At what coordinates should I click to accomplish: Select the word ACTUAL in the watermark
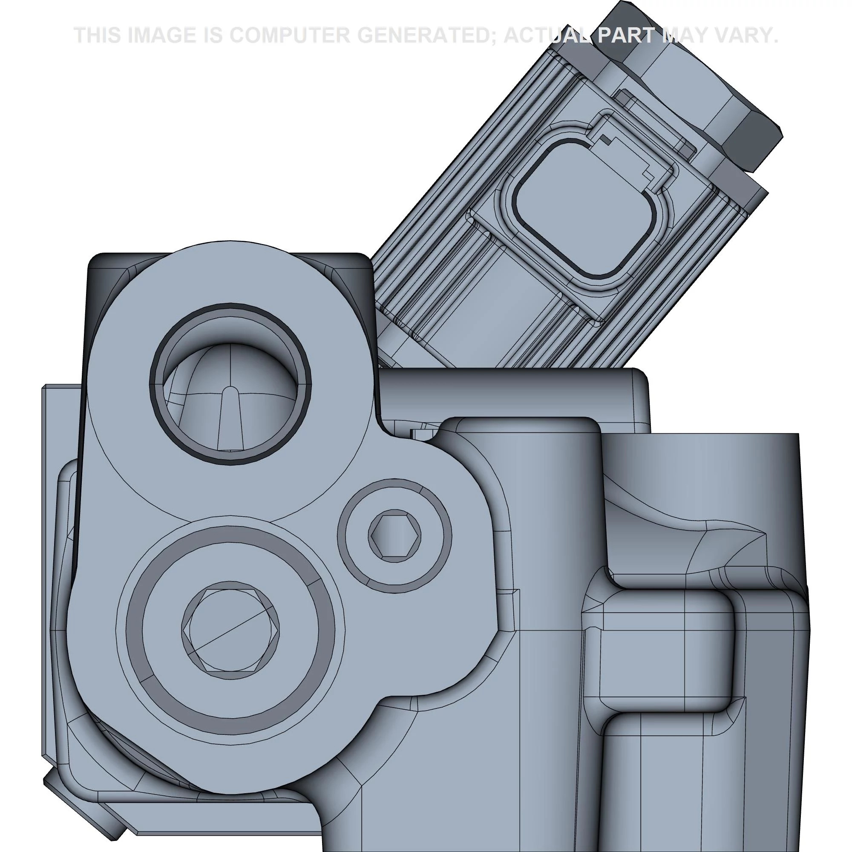[547, 35]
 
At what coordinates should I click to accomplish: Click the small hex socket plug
[394, 536]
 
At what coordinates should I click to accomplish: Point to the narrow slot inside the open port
[230, 419]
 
